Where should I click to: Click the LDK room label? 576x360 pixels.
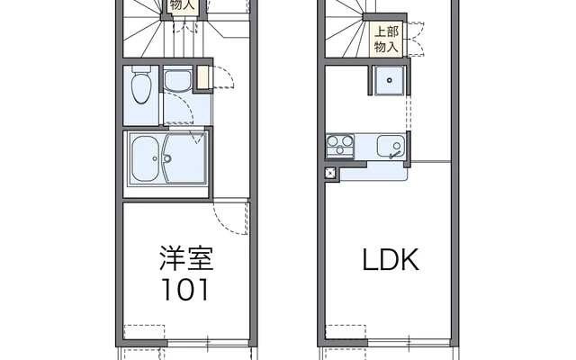(x=391, y=261)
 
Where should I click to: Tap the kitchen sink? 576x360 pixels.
(x=389, y=146)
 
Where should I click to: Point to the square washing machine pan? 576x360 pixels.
(x=389, y=82)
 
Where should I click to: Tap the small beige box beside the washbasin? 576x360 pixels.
(x=202, y=78)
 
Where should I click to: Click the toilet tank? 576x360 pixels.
(x=139, y=72)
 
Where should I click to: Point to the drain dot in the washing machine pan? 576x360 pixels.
(x=389, y=81)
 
